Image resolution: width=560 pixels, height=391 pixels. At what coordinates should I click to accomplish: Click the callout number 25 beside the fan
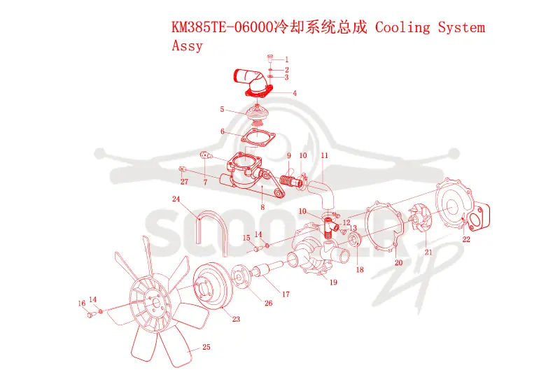click(x=206, y=347)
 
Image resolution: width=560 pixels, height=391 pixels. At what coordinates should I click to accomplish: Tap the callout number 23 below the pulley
click(x=236, y=319)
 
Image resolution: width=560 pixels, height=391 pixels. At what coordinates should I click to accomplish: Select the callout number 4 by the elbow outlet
click(x=295, y=94)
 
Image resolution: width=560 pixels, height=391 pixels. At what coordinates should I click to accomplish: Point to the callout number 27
click(x=184, y=182)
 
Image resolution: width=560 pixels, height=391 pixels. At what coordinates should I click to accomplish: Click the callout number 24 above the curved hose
click(x=176, y=199)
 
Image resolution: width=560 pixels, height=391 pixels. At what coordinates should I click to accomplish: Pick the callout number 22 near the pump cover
click(x=466, y=239)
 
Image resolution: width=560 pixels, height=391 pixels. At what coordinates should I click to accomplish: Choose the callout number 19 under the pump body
click(x=333, y=283)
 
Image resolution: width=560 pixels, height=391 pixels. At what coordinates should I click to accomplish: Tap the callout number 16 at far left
click(x=82, y=304)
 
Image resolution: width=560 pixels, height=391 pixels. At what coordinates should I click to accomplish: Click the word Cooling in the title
click(x=402, y=27)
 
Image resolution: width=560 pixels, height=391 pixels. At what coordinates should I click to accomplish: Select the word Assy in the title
click(x=187, y=45)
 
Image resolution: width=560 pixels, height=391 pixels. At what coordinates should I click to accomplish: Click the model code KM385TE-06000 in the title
click(x=222, y=27)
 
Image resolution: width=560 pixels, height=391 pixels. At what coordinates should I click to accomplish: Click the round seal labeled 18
click(x=354, y=239)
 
